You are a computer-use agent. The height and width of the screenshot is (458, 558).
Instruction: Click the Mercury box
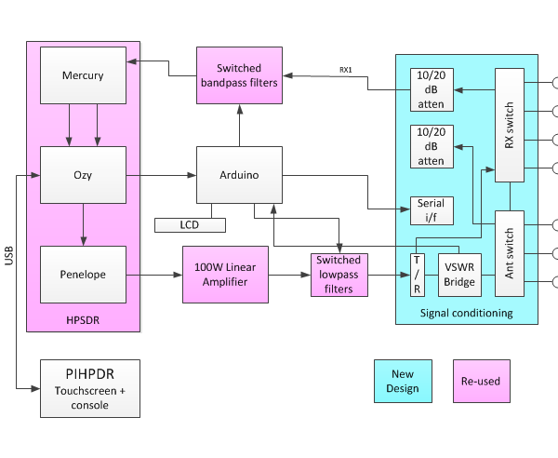pyautogui.click(x=83, y=75)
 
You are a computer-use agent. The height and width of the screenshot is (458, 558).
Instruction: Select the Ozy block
pyautogui.click(x=83, y=174)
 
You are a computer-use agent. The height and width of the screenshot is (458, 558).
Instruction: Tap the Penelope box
pyautogui.click(x=83, y=276)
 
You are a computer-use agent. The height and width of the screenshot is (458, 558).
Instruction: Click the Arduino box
pyautogui.click(x=239, y=174)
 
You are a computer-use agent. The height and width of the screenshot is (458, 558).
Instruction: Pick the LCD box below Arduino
pyautogui.click(x=190, y=224)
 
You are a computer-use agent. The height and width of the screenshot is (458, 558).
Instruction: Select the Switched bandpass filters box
pyautogui.click(x=239, y=76)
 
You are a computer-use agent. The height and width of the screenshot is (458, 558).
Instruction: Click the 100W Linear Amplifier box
pyautogui.click(x=226, y=275)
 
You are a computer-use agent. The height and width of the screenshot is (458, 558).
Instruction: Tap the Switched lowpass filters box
pyautogui.click(x=339, y=276)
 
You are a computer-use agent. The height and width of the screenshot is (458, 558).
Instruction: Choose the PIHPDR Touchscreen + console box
pyautogui.click(x=90, y=387)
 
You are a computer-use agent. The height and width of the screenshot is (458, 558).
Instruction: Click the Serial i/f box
pyautogui.click(x=432, y=211)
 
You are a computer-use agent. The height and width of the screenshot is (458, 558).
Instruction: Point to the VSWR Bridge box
pyautogui.click(x=459, y=275)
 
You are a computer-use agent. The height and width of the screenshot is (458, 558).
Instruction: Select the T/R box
pyautogui.click(x=418, y=275)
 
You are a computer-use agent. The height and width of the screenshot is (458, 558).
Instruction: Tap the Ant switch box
pyautogui.click(x=508, y=253)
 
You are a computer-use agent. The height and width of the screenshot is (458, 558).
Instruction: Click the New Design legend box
pyautogui.click(x=402, y=382)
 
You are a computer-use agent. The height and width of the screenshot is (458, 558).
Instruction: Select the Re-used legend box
pyautogui.click(x=481, y=382)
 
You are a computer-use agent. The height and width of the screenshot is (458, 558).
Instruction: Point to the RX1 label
pyautogui.click(x=346, y=69)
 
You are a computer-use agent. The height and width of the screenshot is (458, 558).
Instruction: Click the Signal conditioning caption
pyautogui.click(x=466, y=313)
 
